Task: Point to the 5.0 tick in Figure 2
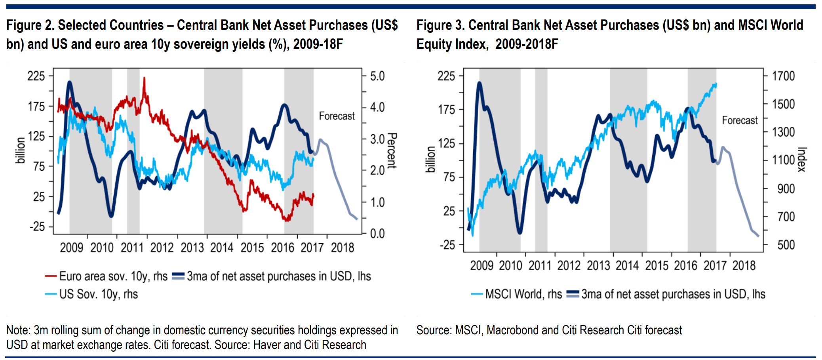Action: click(377, 76)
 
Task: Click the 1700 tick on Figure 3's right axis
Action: click(784, 76)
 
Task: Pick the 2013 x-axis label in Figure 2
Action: click(192, 248)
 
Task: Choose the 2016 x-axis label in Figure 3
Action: click(686, 265)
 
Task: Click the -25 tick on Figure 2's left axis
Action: click(37, 227)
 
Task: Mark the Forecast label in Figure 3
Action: click(740, 120)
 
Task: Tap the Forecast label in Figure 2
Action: click(337, 116)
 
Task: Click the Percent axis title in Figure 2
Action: click(392, 150)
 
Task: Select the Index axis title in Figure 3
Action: click(802, 160)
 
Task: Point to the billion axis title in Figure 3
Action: click(430, 159)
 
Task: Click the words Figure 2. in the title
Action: click(30, 25)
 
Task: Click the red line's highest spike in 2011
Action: click(144, 78)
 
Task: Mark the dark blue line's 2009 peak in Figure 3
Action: click(479, 83)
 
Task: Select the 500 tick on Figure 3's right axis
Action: click(786, 245)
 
